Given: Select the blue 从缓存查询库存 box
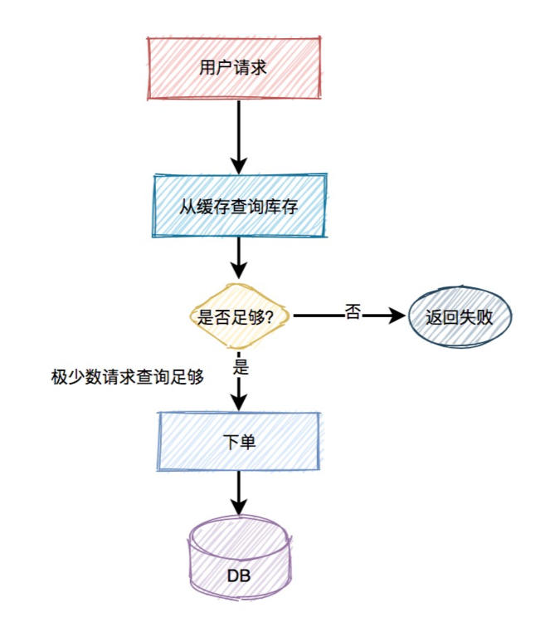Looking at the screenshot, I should [x=239, y=205].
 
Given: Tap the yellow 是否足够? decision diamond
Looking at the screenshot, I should [x=239, y=316].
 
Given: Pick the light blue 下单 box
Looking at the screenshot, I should [x=239, y=441].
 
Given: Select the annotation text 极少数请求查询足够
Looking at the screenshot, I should [x=128, y=375].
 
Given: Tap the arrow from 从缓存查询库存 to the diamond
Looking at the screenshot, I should [x=239, y=257].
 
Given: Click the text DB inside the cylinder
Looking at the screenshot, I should [x=239, y=575].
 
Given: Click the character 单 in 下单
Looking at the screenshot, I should [x=247, y=442].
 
